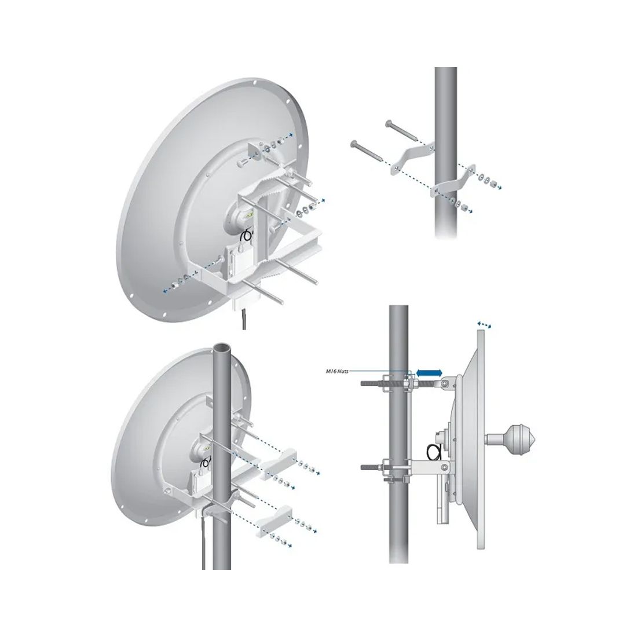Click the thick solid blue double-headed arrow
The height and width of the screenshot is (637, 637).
(428, 374)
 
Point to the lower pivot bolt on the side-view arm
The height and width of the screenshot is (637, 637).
(443, 466)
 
